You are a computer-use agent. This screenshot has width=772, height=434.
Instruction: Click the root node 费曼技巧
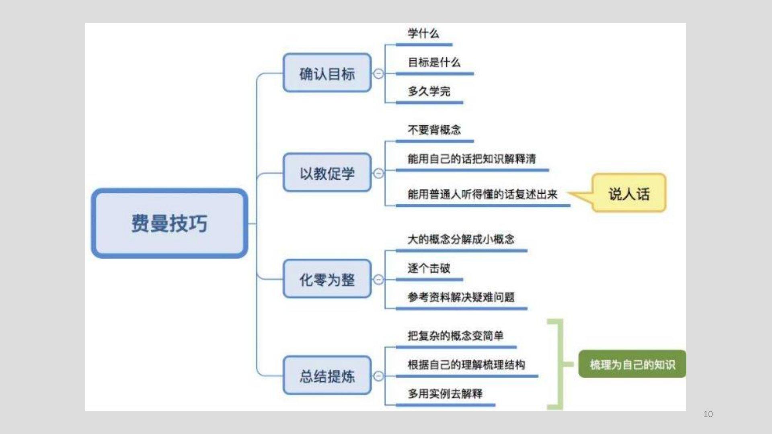tap(169, 223)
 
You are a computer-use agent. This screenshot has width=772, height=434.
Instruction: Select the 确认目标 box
tap(327, 74)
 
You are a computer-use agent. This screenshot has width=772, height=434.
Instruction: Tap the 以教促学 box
tap(327, 173)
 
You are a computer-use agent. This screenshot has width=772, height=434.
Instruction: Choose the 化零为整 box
tap(327, 279)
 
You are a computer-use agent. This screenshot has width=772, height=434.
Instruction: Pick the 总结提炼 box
tap(327, 376)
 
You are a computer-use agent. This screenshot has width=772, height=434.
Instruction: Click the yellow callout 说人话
tap(629, 194)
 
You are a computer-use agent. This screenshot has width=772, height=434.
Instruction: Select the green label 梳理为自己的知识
tap(632, 364)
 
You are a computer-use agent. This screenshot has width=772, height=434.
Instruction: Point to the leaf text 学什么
tap(423, 33)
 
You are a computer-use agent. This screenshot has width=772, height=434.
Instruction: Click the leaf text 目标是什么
tap(434, 62)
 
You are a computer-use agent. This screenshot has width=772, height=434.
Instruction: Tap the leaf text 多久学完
tap(429, 91)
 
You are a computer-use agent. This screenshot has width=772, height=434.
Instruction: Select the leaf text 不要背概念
tap(434, 130)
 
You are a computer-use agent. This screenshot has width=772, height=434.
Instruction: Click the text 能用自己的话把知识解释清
tap(472, 159)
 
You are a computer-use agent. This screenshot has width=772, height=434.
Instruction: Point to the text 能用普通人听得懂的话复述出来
tap(482, 194)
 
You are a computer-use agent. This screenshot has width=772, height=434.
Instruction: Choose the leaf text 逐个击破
tap(429, 268)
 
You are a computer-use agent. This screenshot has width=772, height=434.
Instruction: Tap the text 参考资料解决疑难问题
tap(461, 297)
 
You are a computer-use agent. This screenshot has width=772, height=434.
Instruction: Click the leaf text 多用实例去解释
tap(445, 393)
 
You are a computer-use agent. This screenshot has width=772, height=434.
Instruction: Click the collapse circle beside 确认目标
tap(378, 74)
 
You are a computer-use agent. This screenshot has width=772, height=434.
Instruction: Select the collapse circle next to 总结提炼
tap(378, 376)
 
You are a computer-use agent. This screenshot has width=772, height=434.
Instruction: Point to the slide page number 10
tap(708, 414)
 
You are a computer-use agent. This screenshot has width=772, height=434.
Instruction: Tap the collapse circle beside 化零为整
tap(378, 279)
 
